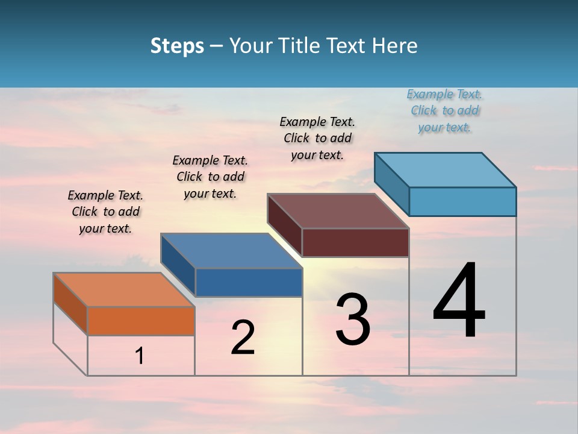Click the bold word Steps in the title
click(177, 46)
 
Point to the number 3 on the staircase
click(353, 319)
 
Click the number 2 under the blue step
click(243, 338)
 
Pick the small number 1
click(140, 356)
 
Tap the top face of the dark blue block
click(231, 251)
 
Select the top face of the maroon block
click(338, 211)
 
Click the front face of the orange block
click(141, 321)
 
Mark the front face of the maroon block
click(355, 242)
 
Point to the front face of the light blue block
click(462, 201)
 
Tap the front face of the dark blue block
click(249, 282)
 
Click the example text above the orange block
click(105, 212)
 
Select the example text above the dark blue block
click(210, 177)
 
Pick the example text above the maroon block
click(317, 138)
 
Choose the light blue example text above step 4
click(444, 110)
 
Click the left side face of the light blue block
click(392, 183)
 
